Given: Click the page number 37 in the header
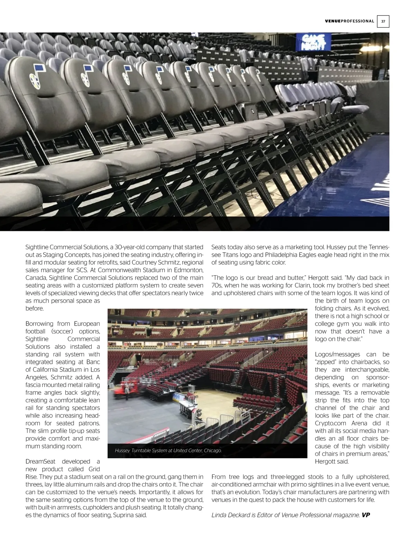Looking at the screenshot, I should (x=383, y=21).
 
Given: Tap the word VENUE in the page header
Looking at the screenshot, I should (x=333, y=21).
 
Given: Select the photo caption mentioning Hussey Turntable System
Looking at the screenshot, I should (x=168, y=451).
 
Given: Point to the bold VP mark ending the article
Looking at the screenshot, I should (x=366, y=515).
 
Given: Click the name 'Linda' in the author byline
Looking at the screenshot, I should (x=219, y=515).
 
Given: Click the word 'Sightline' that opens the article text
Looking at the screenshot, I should (x=37, y=247).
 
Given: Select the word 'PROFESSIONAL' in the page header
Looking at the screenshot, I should (x=358, y=21).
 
